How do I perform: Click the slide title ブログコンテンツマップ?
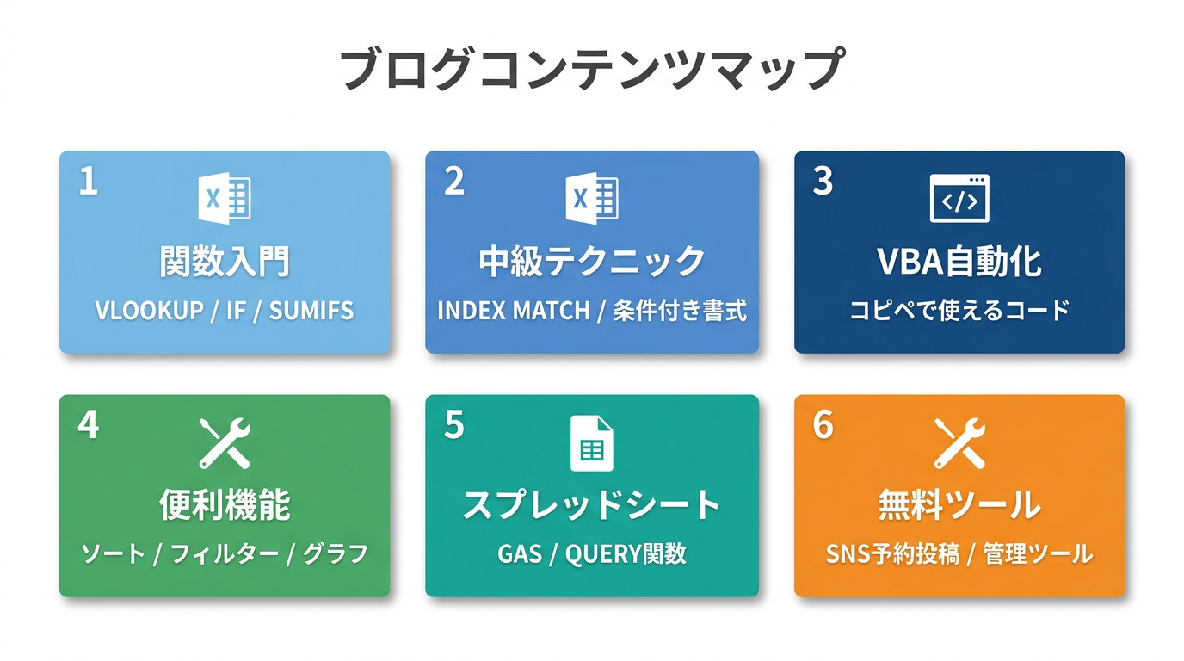[x=591, y=70]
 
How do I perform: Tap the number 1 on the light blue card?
[x=88, y=182]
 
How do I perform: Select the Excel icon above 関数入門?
[x=225, y=198]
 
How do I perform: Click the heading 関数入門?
[x=225, y=262]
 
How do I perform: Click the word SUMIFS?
[x=311, y=311]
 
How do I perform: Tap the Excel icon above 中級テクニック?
[x=592, y=198]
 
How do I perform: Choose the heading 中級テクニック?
[x=592, y=262]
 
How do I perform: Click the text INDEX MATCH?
[x=513, y=311]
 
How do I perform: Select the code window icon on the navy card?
[x=959, y=199]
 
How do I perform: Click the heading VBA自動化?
[x=959, y=262]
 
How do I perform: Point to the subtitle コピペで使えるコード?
[x=959, y=311]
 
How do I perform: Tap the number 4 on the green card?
[x=88, y=424]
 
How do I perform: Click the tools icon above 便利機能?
[x=225, y=442]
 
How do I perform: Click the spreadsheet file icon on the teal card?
[x=592, y=443]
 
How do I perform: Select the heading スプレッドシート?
[x=592, y=505]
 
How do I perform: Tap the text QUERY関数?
[x=626, y=553]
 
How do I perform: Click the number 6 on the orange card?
[x=823, y=424]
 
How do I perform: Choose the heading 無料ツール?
[x=959, y=505]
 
